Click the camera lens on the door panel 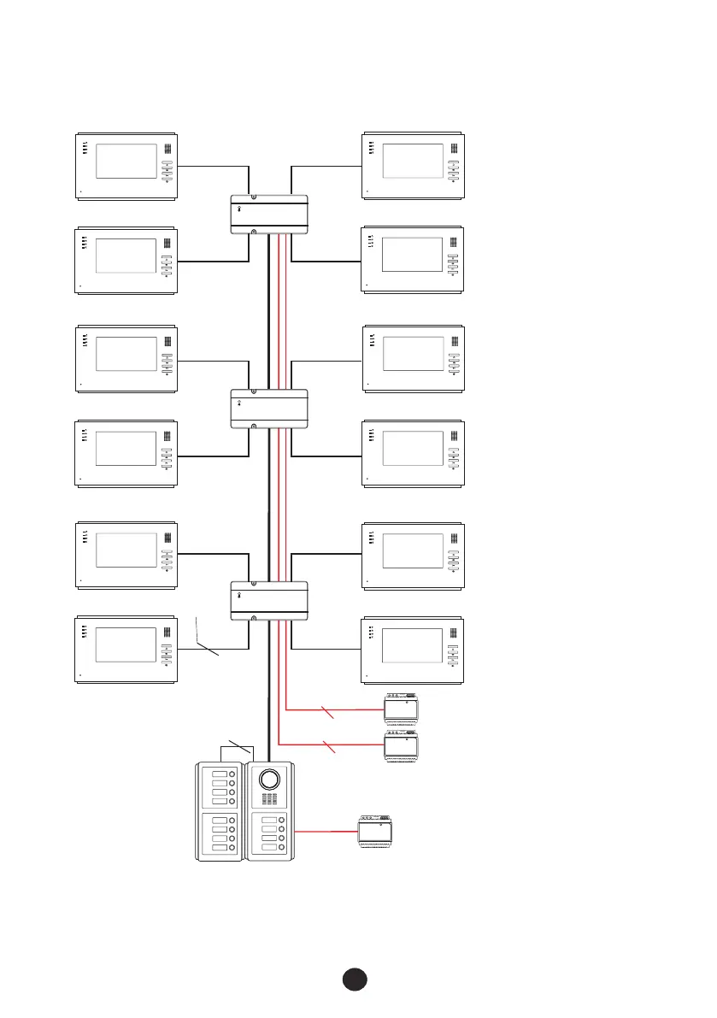click(269, 780)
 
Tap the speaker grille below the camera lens click(269, 800)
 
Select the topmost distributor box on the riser click(269, 214)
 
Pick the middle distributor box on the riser click(269, 409)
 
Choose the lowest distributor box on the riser click(269, 602)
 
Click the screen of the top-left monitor click(126, 162)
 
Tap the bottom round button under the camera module click(283, 849)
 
